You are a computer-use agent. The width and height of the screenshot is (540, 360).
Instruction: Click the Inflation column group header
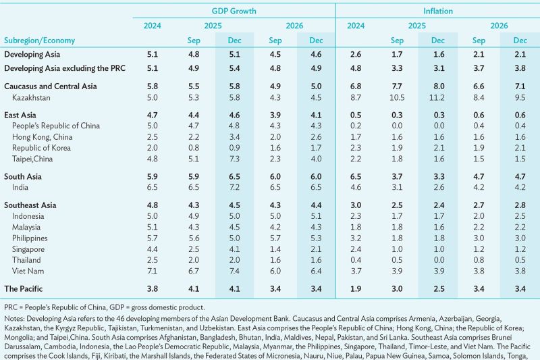[x=438, y=11]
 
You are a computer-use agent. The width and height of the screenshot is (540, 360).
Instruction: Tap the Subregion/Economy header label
[x=40, y=41]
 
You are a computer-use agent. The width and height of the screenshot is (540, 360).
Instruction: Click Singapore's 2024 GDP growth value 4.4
[x=152, y=249]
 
